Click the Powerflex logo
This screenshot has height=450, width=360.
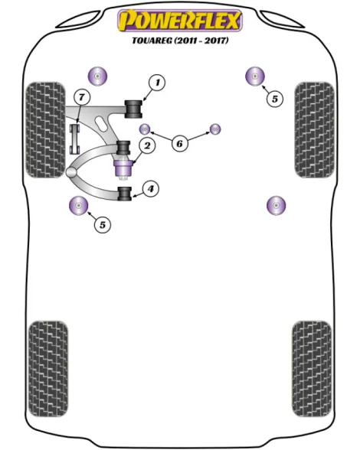(180, 21)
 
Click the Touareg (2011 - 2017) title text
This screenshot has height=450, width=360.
(180, 41)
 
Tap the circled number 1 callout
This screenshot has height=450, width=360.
(157, 83)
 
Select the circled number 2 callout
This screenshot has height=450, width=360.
(147, 145)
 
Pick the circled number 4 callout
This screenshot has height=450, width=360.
(151, 189)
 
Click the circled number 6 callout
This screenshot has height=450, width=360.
(179, 143)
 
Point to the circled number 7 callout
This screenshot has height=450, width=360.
(82, 97)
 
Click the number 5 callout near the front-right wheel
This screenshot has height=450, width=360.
(275, 99)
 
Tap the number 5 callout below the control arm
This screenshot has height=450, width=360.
(103, 225)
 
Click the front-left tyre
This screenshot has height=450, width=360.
(45, 130)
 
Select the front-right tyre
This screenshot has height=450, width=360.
(315, 130)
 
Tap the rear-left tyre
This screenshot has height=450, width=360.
(48, 369)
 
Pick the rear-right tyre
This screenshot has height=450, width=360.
(312, 369)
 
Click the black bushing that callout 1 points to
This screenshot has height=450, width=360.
(133, 109)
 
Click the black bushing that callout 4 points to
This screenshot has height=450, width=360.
(125, 194)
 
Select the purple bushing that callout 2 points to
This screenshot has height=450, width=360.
(123, 168)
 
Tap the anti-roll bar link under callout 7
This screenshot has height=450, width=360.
(75, 139)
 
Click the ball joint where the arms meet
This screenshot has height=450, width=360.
(71, 172)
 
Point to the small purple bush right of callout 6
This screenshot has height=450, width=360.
(215, 129)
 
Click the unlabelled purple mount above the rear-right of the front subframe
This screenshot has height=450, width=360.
(276, 205)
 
